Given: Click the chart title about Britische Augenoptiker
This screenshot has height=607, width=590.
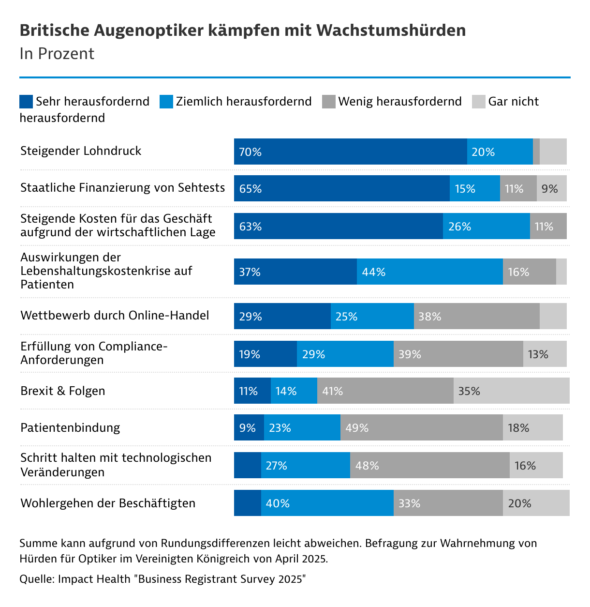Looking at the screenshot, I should [242, 30].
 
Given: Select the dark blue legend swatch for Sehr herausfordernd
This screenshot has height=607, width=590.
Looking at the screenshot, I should [26, 102].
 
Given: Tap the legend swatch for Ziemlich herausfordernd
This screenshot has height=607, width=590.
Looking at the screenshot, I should [166, 102].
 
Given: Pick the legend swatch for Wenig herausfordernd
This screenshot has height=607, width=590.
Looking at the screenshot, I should [328, 102].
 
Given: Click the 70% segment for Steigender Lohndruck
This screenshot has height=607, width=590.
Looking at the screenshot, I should [350, 152].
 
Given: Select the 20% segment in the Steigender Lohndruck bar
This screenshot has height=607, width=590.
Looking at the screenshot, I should [500, 152].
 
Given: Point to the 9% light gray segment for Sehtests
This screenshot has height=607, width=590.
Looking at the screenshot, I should [551, 189].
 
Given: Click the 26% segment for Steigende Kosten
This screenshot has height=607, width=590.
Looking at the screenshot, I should [486, 227].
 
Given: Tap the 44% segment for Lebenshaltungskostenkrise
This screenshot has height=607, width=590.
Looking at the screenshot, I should [429, 272].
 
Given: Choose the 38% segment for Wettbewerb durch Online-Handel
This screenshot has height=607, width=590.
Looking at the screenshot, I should [476, 317].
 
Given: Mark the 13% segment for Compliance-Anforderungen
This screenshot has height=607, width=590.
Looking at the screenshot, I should [545, 354].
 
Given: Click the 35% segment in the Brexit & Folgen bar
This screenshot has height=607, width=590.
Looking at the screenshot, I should [511, 391].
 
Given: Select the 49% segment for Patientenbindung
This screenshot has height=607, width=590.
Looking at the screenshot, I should [421, 428].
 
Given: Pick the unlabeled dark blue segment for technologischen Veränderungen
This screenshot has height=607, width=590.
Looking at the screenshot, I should [247, 466].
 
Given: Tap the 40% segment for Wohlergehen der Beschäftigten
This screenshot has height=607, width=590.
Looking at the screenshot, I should [327, 503].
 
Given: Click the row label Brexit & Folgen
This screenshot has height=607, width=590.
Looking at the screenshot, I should [63, 391].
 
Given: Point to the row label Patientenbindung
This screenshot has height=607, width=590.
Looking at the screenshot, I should [70, 428].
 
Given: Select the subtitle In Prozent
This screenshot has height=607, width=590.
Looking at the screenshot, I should [57, 54].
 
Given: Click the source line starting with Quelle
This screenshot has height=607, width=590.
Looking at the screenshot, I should [163, 579].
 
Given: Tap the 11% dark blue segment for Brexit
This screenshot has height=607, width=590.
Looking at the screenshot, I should [252, 391].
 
